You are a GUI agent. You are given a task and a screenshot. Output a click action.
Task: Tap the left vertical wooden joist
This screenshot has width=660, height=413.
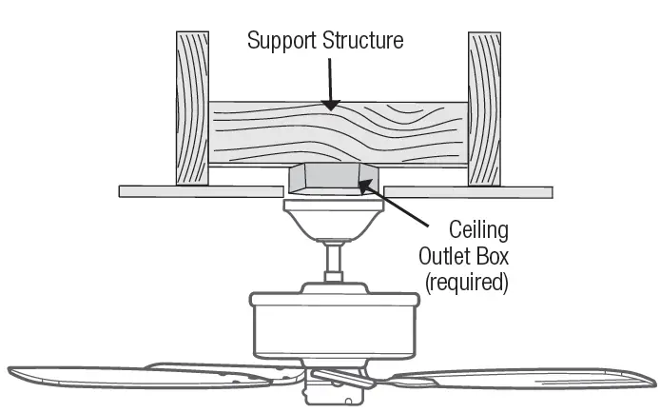pos(192,107)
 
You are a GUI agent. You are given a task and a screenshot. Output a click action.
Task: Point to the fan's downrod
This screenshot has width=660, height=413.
pos(333,262)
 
